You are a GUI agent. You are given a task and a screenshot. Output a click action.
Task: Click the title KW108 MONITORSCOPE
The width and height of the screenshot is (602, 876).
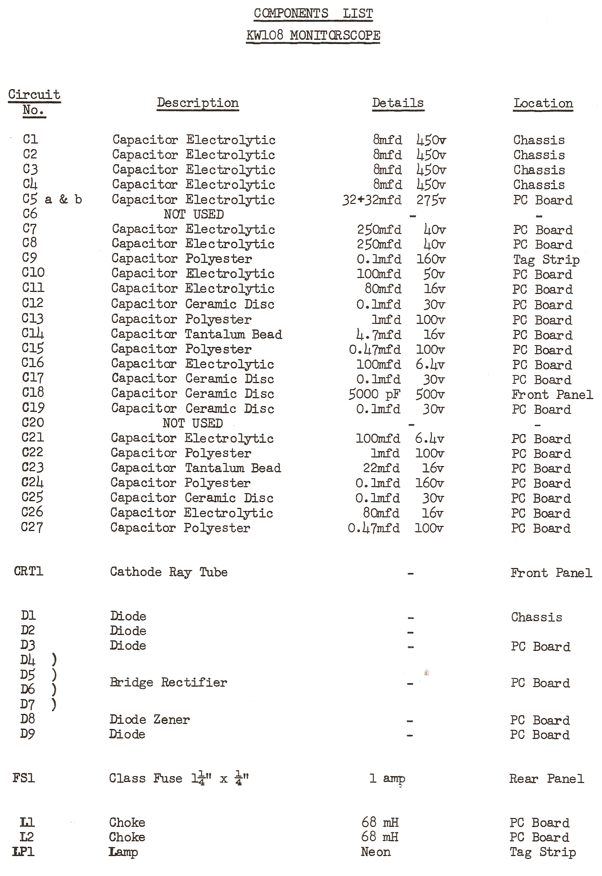[x=313, y=35]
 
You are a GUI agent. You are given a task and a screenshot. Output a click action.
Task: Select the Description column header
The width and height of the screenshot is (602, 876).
[x=198, y=103]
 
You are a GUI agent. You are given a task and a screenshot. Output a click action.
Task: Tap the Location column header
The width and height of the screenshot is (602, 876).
[x=543, y=103]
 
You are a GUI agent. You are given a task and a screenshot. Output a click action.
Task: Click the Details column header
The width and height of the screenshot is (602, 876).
[x=398, y=103]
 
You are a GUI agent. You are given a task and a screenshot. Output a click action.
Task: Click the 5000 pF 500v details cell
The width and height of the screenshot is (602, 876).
[x=396, y=394]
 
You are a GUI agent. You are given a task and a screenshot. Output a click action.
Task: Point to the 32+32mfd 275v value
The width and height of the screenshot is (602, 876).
[x=394, y=200]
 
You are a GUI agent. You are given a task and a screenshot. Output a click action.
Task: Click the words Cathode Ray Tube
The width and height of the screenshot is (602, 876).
[x=168, y=572]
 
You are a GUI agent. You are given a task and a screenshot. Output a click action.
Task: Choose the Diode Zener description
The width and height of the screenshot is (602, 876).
[x=149, y=719]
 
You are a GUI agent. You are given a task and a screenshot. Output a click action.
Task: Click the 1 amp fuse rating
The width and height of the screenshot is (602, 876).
[x=387, y=778]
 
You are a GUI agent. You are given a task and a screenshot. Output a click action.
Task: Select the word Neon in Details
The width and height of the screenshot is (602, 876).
[x=376, y=852]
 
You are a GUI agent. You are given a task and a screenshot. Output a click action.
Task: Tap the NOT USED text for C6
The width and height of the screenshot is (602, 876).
[x=193, y=214]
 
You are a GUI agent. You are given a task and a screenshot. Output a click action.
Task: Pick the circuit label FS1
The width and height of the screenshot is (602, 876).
[x=23, y=778]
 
